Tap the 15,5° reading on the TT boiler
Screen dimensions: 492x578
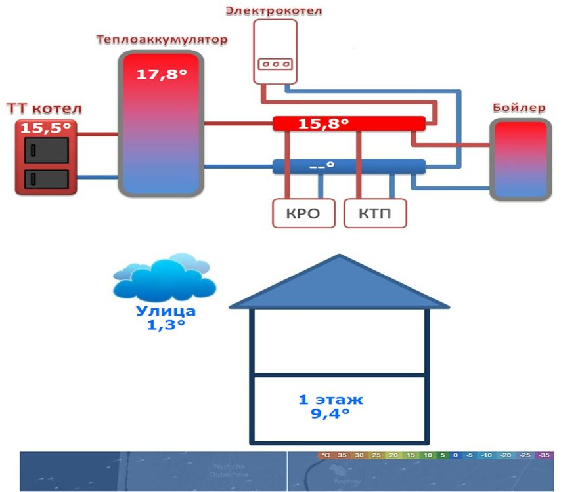[45, 129]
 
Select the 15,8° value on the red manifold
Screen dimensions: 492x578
[323, 123]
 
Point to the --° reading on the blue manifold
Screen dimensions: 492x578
[322, 167]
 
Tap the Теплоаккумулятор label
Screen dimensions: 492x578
[162, 40]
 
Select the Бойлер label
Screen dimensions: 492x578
[519, 108]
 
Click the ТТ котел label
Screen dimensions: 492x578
[45, 108]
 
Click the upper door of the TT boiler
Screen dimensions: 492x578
[46, 150]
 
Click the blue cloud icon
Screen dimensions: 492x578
[164, 278]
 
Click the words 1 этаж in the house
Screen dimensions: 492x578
[330, 399]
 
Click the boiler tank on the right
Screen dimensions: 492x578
[520, 160]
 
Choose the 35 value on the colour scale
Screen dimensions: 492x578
[342, 455]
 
